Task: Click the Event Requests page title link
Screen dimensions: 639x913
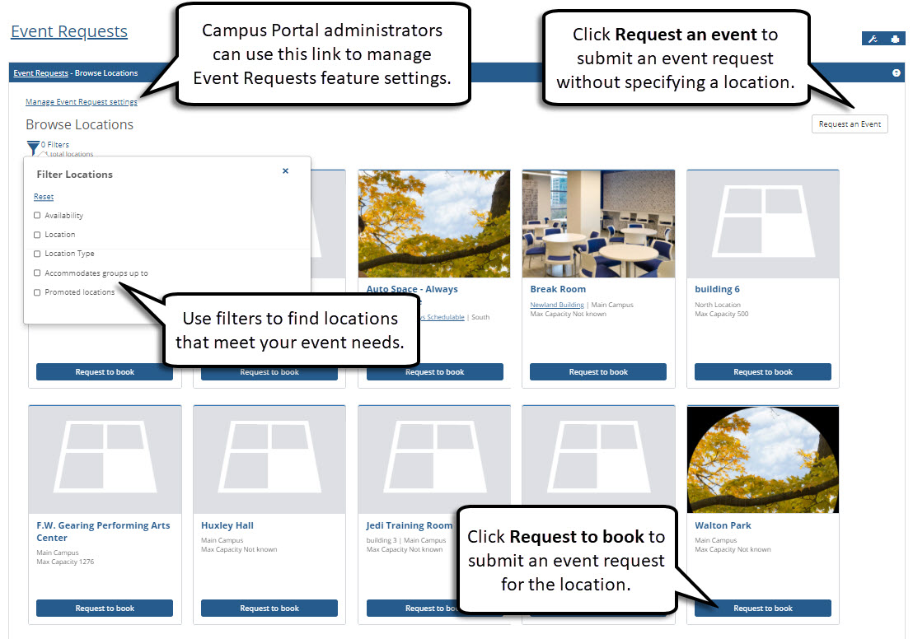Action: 69,32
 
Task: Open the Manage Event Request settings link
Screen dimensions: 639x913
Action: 81,102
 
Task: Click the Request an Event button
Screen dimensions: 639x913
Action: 850,124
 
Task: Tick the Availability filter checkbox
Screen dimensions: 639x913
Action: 37,216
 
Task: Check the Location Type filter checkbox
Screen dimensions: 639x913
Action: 37,254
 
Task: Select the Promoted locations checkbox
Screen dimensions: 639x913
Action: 37,292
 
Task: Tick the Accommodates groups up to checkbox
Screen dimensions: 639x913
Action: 37,273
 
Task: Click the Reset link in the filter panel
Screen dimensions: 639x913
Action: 44,197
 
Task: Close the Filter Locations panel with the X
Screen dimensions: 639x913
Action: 285,171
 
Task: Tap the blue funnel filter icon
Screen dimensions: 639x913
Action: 33,147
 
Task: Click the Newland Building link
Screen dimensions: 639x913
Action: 556,306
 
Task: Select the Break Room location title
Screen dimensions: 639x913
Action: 558,290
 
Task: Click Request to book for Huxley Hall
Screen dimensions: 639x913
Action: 269,609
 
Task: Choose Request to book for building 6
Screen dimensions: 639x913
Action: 763,372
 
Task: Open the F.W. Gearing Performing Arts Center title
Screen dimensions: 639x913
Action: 103,531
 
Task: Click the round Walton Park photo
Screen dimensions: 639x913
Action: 763,459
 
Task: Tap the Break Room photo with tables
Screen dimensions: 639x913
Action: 598,224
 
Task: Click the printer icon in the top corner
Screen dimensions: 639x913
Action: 895,40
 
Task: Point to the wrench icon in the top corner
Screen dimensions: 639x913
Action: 873,40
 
